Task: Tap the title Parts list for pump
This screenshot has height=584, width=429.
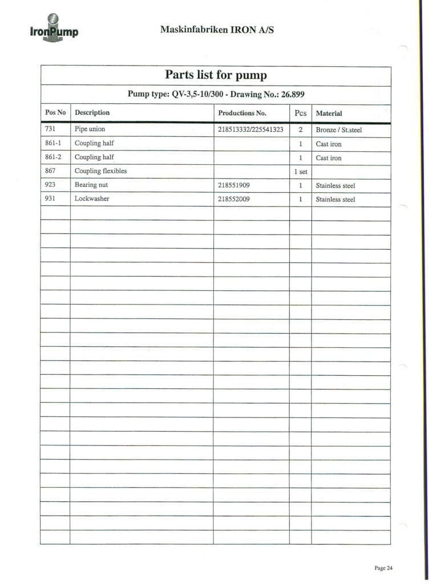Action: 216,75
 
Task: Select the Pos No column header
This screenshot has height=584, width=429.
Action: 55,113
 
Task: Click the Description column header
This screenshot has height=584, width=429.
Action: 92,113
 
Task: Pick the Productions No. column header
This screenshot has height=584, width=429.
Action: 242,113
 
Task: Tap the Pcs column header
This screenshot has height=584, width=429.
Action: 300,113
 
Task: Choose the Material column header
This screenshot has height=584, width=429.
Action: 329,113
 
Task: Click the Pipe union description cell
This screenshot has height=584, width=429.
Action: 90,129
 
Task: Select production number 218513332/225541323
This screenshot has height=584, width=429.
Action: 251,130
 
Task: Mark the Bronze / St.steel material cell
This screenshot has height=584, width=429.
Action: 339,130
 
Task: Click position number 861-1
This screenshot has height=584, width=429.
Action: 53,144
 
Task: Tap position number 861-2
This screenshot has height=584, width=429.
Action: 53,157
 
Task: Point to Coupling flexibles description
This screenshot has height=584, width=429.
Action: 100,171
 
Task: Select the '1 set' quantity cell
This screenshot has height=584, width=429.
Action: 301,172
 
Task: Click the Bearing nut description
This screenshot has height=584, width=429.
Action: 91,185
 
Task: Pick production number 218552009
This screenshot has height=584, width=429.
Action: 234,200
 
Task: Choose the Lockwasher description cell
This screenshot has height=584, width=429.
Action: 92,200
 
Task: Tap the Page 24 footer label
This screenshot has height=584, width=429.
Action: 383,567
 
